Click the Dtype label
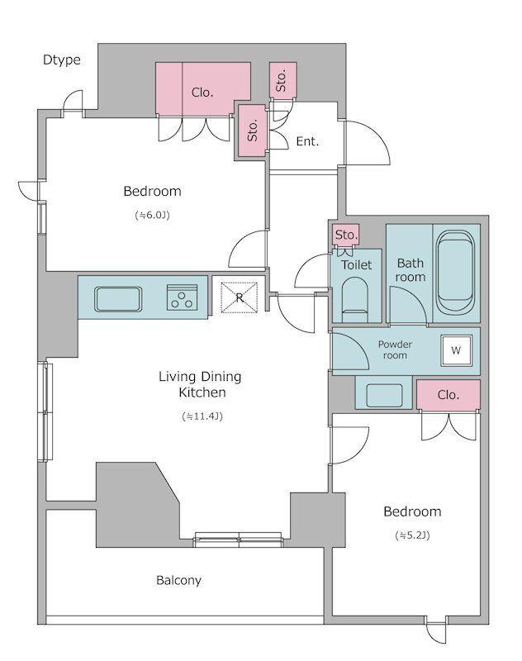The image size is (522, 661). point(61,59)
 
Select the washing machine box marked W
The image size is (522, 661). point(456,350)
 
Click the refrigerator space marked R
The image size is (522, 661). point(240,297)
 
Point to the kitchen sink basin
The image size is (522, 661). point(118,299)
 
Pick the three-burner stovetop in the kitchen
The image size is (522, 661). point(182,297)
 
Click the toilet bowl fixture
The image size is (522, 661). point(354,300)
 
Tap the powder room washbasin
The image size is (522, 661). point(384,396)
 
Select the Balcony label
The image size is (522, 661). point(178,581)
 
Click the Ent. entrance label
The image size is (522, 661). point(307,141)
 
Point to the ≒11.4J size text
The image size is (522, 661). point(202,416)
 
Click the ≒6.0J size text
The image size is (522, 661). point(152,216)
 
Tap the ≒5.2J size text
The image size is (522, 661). point(412,535)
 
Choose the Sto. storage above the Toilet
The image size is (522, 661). point(346,235)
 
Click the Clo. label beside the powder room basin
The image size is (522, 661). point(448,395)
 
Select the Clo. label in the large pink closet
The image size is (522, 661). point(202,93)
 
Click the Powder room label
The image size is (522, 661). point(395,350)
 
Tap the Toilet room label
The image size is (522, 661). point(357,264)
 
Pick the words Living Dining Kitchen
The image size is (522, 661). point(200,384)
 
